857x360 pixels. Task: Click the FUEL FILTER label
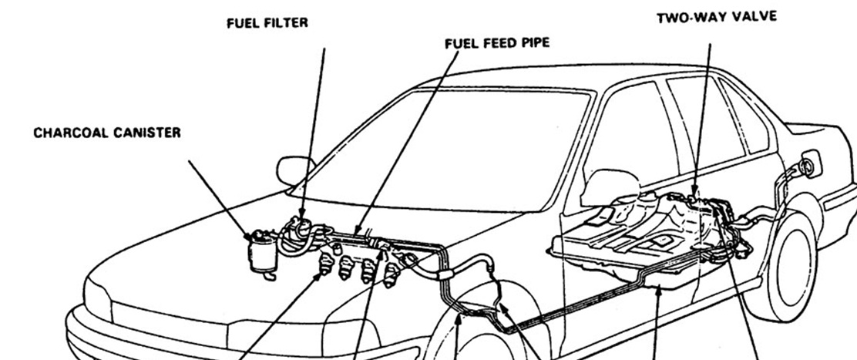click(x=267, y=23)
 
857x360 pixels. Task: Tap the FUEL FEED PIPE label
click(x=497, y=43)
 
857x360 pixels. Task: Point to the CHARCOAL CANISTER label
click(x=107, y=133)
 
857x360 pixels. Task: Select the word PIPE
click(x=536, y=43)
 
